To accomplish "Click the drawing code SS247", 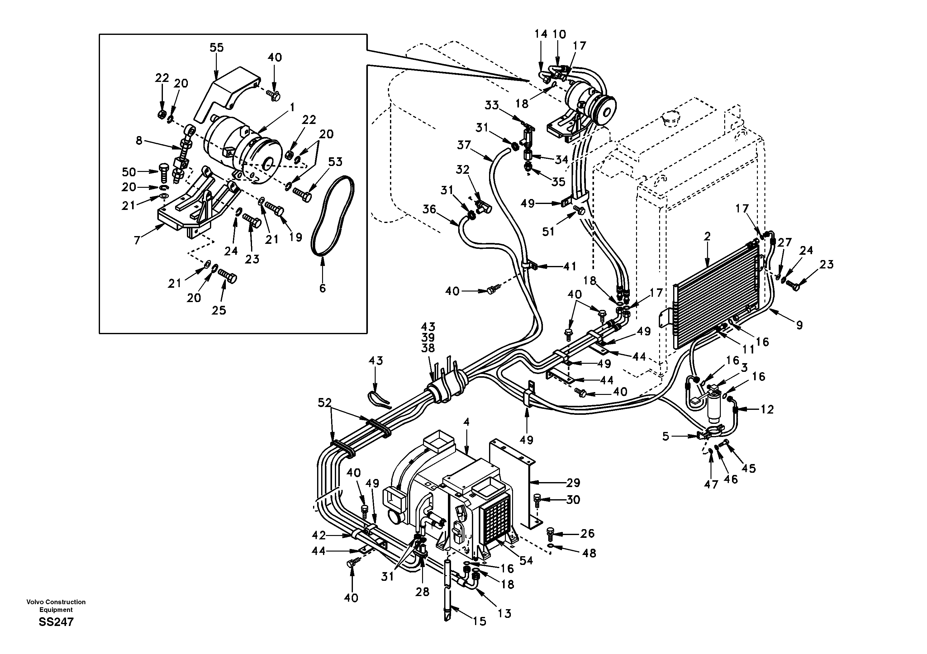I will point(56,622).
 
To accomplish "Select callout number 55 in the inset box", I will point(216,48).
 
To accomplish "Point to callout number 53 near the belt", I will point(335,162).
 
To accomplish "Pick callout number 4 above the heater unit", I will point(466,422).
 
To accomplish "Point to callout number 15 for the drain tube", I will point(480,621).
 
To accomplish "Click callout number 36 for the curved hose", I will point(429,209).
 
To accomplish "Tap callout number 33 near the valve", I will point(492,105).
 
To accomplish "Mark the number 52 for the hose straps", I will point(325,402).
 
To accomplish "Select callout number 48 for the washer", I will point(589,553).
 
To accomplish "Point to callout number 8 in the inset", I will point(139,140).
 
